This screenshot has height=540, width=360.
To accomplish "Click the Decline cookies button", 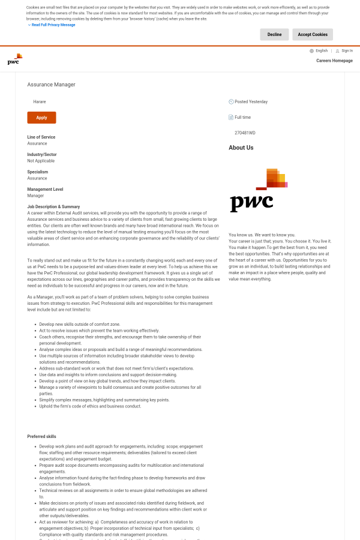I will click(x=274, y=35).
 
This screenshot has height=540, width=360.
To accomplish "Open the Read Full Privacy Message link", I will click(x=53, y=25).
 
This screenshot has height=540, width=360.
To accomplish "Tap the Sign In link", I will click(x=347, y=51).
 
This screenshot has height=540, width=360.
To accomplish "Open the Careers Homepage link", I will click(x=334, y=61).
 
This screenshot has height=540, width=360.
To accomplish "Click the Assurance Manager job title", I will click(x=52, y=85).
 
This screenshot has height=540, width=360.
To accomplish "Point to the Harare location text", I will click(x=40, y=102).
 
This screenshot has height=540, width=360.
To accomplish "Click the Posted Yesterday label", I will click(x=251, y=102).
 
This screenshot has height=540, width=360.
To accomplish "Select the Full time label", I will click(x=242, y=117).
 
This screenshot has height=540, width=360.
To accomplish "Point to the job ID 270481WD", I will click(x=245, y=133).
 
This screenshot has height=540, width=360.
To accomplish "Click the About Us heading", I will click(x=241, y=148).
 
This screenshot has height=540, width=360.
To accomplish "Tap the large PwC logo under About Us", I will click(x=259, y=190).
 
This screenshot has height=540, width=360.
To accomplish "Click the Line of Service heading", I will click(x=41, y=137).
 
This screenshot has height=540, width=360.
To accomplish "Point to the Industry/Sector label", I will click(x=42, y=154).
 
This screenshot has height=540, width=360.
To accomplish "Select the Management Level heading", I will click(x=45, y=189).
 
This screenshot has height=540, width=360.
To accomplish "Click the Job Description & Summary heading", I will click(x=53, y=206).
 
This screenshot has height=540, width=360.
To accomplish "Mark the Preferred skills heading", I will click(x=42, y=436).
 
